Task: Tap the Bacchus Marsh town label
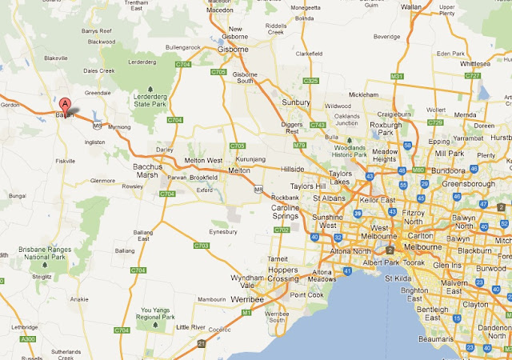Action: click(147, 171)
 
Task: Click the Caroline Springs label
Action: click(286, 212)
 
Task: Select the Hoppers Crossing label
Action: click(282, 274)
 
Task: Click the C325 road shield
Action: click(311, 81)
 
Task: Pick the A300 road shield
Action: click(28, 340)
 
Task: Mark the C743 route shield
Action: click(318, 125)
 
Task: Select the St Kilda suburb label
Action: click(398, 278)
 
